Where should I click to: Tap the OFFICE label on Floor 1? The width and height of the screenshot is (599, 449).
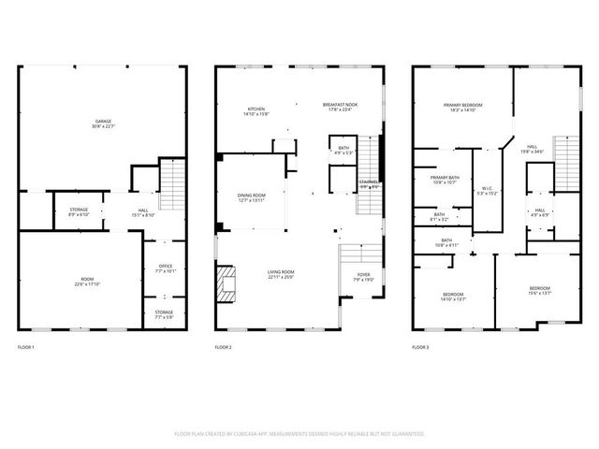tap(164, 269)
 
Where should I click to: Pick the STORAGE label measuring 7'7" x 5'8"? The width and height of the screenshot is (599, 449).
tap(164, 313)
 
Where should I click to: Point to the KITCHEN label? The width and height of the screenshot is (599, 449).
tap(257, 111)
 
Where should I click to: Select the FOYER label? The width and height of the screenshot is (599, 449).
tap(364, 276)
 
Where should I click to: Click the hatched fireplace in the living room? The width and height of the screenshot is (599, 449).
tap(226, 285)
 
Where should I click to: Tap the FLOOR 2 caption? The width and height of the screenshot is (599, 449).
tap(223, 348)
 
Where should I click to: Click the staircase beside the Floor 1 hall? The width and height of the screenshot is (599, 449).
tap(172, 184)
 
